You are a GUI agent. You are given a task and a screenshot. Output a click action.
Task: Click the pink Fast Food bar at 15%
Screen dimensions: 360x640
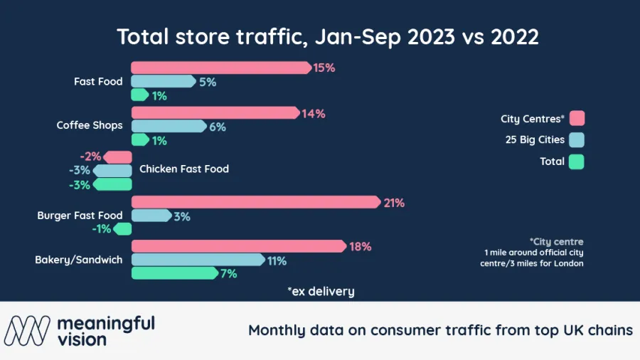click(220, 68)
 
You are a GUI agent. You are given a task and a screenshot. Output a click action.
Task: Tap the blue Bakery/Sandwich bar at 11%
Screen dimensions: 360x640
click(198, 260)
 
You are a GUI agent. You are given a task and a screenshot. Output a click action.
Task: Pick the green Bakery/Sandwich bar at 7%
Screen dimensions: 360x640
click(174, 273)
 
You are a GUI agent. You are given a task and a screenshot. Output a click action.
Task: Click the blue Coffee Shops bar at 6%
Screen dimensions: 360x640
click(168, 127)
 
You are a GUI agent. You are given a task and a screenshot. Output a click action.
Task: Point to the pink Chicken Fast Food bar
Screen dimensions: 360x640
click(118, 157)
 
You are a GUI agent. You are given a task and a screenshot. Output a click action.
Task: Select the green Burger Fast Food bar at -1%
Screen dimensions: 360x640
click(124, 229)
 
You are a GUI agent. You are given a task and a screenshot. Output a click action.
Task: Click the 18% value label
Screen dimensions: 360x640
click(361, 247)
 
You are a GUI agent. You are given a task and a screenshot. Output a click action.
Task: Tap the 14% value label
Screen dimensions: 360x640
click(314, 113)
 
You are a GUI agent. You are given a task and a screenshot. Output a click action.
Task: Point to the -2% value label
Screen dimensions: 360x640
click(91, 157)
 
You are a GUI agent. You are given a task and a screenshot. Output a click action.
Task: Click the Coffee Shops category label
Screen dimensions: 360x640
click(90, 125)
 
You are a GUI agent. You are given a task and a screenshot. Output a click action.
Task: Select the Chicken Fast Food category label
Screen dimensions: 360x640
click(184, 169)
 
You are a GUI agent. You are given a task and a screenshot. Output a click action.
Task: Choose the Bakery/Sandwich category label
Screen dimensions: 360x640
click(78, 260)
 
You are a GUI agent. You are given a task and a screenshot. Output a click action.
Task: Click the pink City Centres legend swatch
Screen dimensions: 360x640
click(577, 118)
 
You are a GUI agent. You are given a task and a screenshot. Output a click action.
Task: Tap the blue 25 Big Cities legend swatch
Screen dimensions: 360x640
click(577, 139)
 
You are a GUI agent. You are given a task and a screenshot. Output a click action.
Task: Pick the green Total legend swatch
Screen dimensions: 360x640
click(577, 162)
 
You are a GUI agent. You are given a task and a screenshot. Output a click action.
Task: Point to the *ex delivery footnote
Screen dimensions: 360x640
click(321, 291)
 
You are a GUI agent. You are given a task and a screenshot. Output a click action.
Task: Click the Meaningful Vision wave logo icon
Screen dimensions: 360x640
click(28, 330)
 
